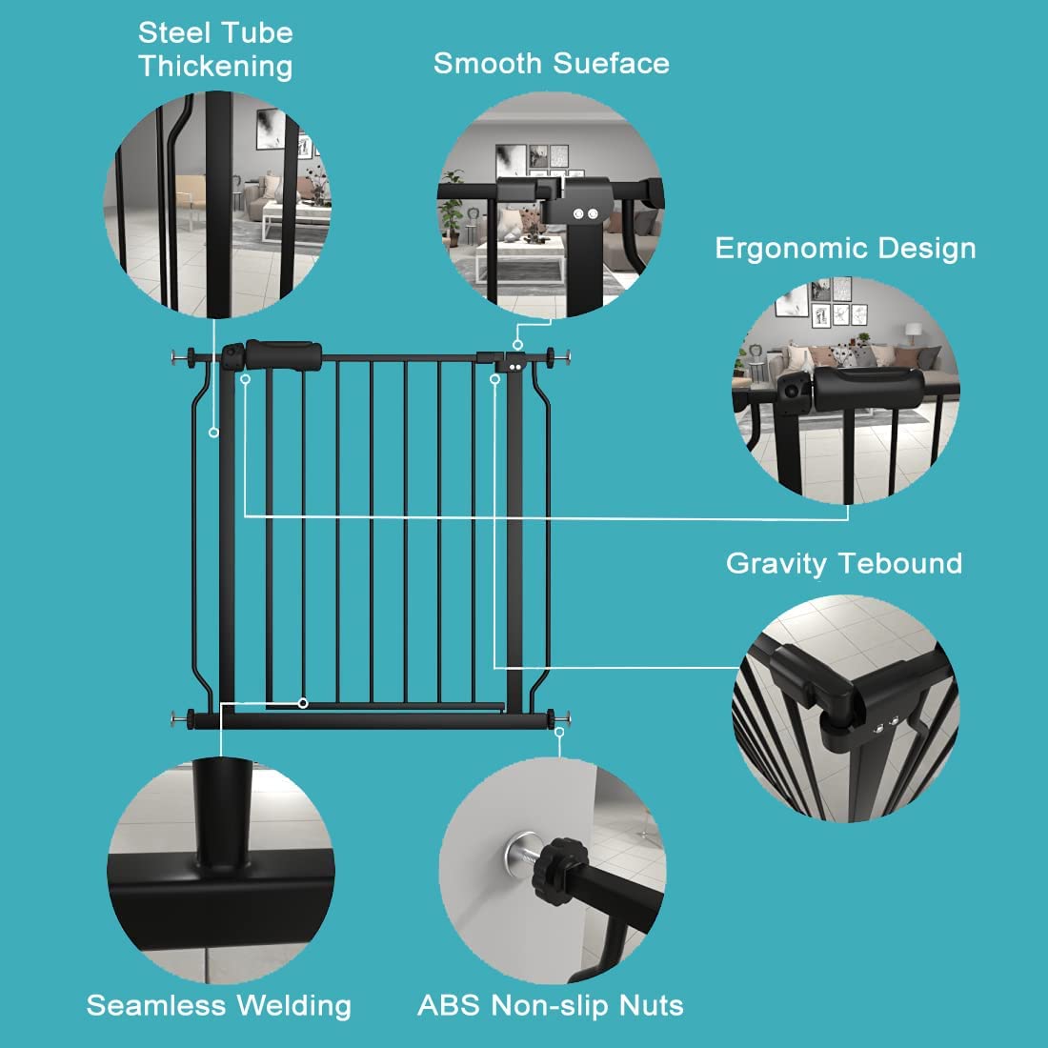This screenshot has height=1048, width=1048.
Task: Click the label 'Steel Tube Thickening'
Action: (215, 50)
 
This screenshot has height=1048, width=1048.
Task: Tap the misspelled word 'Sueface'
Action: (612, 64)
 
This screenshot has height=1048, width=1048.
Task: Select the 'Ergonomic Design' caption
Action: (845, 249)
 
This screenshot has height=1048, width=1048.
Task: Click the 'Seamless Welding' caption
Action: (218, 1005)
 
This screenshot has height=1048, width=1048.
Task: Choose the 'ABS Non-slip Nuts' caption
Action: (551, 1005)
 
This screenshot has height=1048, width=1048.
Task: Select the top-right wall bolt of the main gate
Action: (562, 358)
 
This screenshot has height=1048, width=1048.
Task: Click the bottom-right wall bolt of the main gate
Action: (562, 717)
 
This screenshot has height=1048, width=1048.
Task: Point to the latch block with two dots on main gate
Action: (515, 363)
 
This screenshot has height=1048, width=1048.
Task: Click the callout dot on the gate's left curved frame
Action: (214, 433)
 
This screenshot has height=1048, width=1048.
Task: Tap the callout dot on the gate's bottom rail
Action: (302, 703)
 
